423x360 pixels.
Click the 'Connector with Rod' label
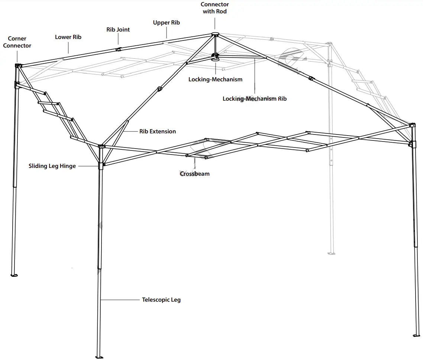tap(214, 8)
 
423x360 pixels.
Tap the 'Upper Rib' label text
tap(166, 23)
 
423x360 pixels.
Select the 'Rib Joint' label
tap(118, 29)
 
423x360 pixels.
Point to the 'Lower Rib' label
tap(68, 37)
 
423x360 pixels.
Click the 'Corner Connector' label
tap(17, 42)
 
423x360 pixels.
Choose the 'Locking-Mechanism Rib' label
tap(255, 99)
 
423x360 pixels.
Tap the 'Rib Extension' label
tap(158, 132)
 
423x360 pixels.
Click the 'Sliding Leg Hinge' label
tap(52, 166)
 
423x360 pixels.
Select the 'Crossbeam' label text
tap(195, 173)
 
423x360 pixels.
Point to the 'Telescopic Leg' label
tap(161, 299)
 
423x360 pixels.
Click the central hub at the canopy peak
tap(215, 35)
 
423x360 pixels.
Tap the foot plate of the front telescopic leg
tap(99, 357)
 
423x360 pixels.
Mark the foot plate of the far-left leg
tap(14, 275)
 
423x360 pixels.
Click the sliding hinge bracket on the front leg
tap(100, 166)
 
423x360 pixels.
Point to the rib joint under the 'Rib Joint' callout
tap(118, 49)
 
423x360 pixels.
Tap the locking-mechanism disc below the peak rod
tap(215, 58)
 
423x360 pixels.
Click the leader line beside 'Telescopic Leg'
tap(121, 299)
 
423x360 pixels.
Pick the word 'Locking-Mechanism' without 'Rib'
tap(215, 79)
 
